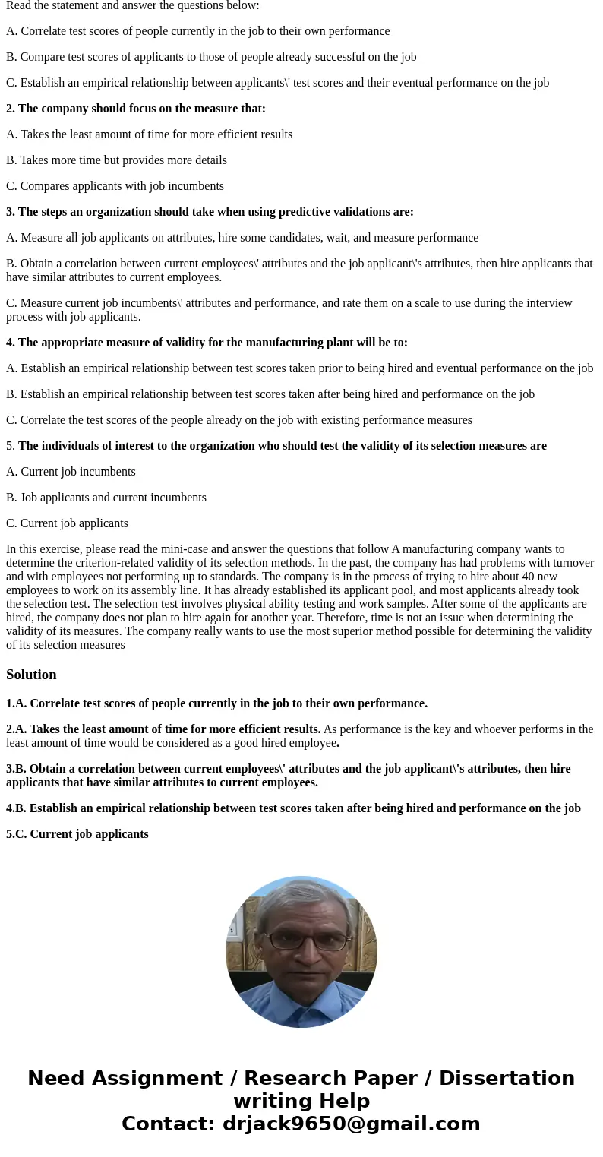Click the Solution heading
tap(31, 675)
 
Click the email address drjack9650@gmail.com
tap(351, 1124)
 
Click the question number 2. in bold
tap(11, 109)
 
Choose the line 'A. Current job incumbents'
tap(71, 472)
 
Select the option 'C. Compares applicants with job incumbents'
tap(115, 186)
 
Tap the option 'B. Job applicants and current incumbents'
tap(106, 498)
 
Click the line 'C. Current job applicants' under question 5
tap(67, 523)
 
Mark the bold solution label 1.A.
tap(16, 703)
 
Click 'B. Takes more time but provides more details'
tap(116, 160)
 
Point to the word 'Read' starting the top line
tap(19, 5)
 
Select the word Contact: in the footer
tap(168, 1124)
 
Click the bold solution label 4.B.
tap(16, 808)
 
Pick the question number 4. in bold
tap(11, 343)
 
